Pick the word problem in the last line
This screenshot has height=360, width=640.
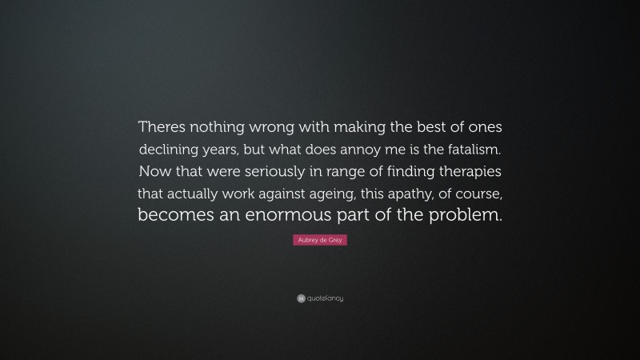(x=469, y=215)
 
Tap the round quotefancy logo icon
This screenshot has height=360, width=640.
(x=300, y=298)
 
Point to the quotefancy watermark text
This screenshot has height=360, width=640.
(x=324, y=298)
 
